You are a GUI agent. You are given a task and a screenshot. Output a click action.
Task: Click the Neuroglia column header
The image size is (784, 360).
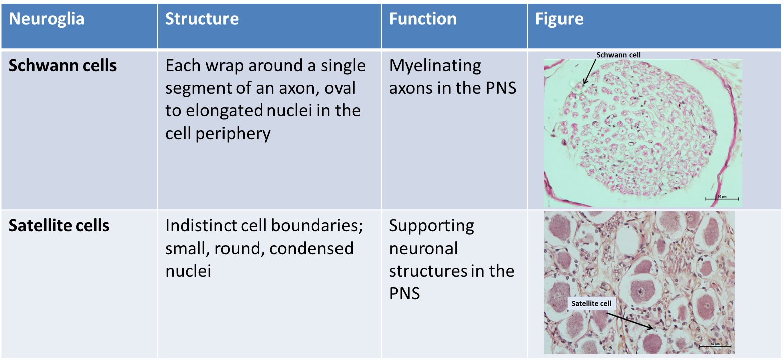point(47,20)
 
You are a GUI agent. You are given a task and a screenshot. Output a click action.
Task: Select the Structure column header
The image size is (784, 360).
point(202,20)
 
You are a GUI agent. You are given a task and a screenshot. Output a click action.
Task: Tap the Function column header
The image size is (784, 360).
point(423,20)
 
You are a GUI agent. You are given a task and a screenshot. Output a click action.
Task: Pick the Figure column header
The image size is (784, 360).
point(559,20)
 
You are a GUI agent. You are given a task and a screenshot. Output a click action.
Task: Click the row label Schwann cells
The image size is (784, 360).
point(63,66)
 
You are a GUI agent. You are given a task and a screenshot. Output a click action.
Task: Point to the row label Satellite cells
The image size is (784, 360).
point(59,226)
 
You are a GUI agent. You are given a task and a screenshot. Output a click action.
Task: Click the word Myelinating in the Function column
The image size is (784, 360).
point(435,66)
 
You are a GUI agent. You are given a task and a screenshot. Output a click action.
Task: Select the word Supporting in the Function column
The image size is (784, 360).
point(431,226)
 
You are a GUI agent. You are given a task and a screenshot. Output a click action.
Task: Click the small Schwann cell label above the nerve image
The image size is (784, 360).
point(611,55)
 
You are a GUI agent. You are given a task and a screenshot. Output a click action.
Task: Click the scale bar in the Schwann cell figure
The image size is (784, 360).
point(721,199)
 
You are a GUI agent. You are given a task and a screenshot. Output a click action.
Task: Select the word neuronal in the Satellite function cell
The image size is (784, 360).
point(423,249)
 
